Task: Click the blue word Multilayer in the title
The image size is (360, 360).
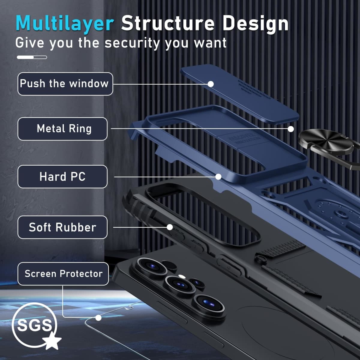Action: (65, 24)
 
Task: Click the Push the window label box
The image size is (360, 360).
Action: (65, 84)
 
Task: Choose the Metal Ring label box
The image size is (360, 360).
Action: (63, 129)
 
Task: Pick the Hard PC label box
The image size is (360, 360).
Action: (63, 176)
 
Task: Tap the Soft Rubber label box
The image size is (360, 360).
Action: (63, 227)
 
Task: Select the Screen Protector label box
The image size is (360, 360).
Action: (63, 274)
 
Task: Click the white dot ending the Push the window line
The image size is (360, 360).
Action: (211, 84)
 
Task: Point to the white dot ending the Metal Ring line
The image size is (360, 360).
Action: (291, 129)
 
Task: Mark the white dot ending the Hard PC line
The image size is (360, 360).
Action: (218, 177)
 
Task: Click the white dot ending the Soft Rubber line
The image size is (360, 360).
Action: (169, 227)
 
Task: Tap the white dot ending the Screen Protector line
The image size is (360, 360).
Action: (98, 318)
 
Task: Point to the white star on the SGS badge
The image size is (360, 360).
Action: (52, 340)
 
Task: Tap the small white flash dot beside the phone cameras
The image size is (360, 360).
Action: (181, 276)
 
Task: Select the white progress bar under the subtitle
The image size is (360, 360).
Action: (32, 57)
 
